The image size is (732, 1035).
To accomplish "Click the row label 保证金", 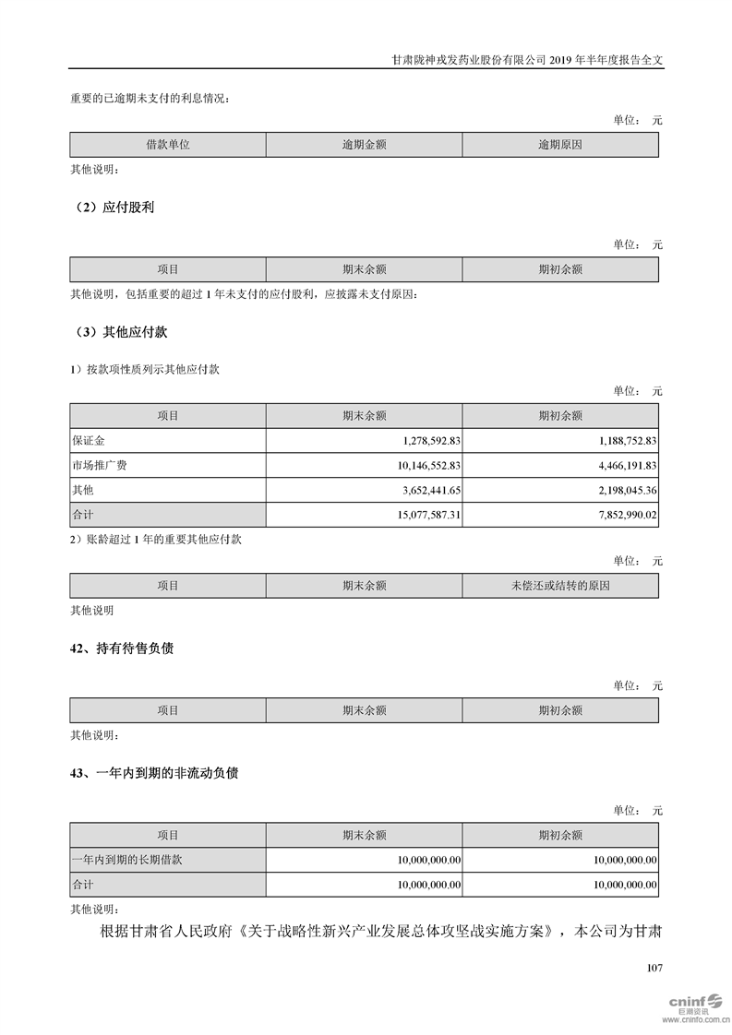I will (x=89, y=440).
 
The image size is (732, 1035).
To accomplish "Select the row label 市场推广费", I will (x=100, y=465).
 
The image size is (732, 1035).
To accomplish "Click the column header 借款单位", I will (x=168, y=145).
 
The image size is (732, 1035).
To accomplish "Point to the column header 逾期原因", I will (x=560, y=145).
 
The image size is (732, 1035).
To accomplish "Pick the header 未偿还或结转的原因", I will (x=560, y=586).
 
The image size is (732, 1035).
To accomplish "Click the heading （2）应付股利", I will (x=113, y=208).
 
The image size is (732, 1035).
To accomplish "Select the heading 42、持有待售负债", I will (x=122, y=648).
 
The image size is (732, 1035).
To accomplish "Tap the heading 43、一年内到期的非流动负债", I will (x=154, y=774).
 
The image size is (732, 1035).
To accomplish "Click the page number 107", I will (x=654, y=968).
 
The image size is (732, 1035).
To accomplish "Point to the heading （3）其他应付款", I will (x=119, y=331).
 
